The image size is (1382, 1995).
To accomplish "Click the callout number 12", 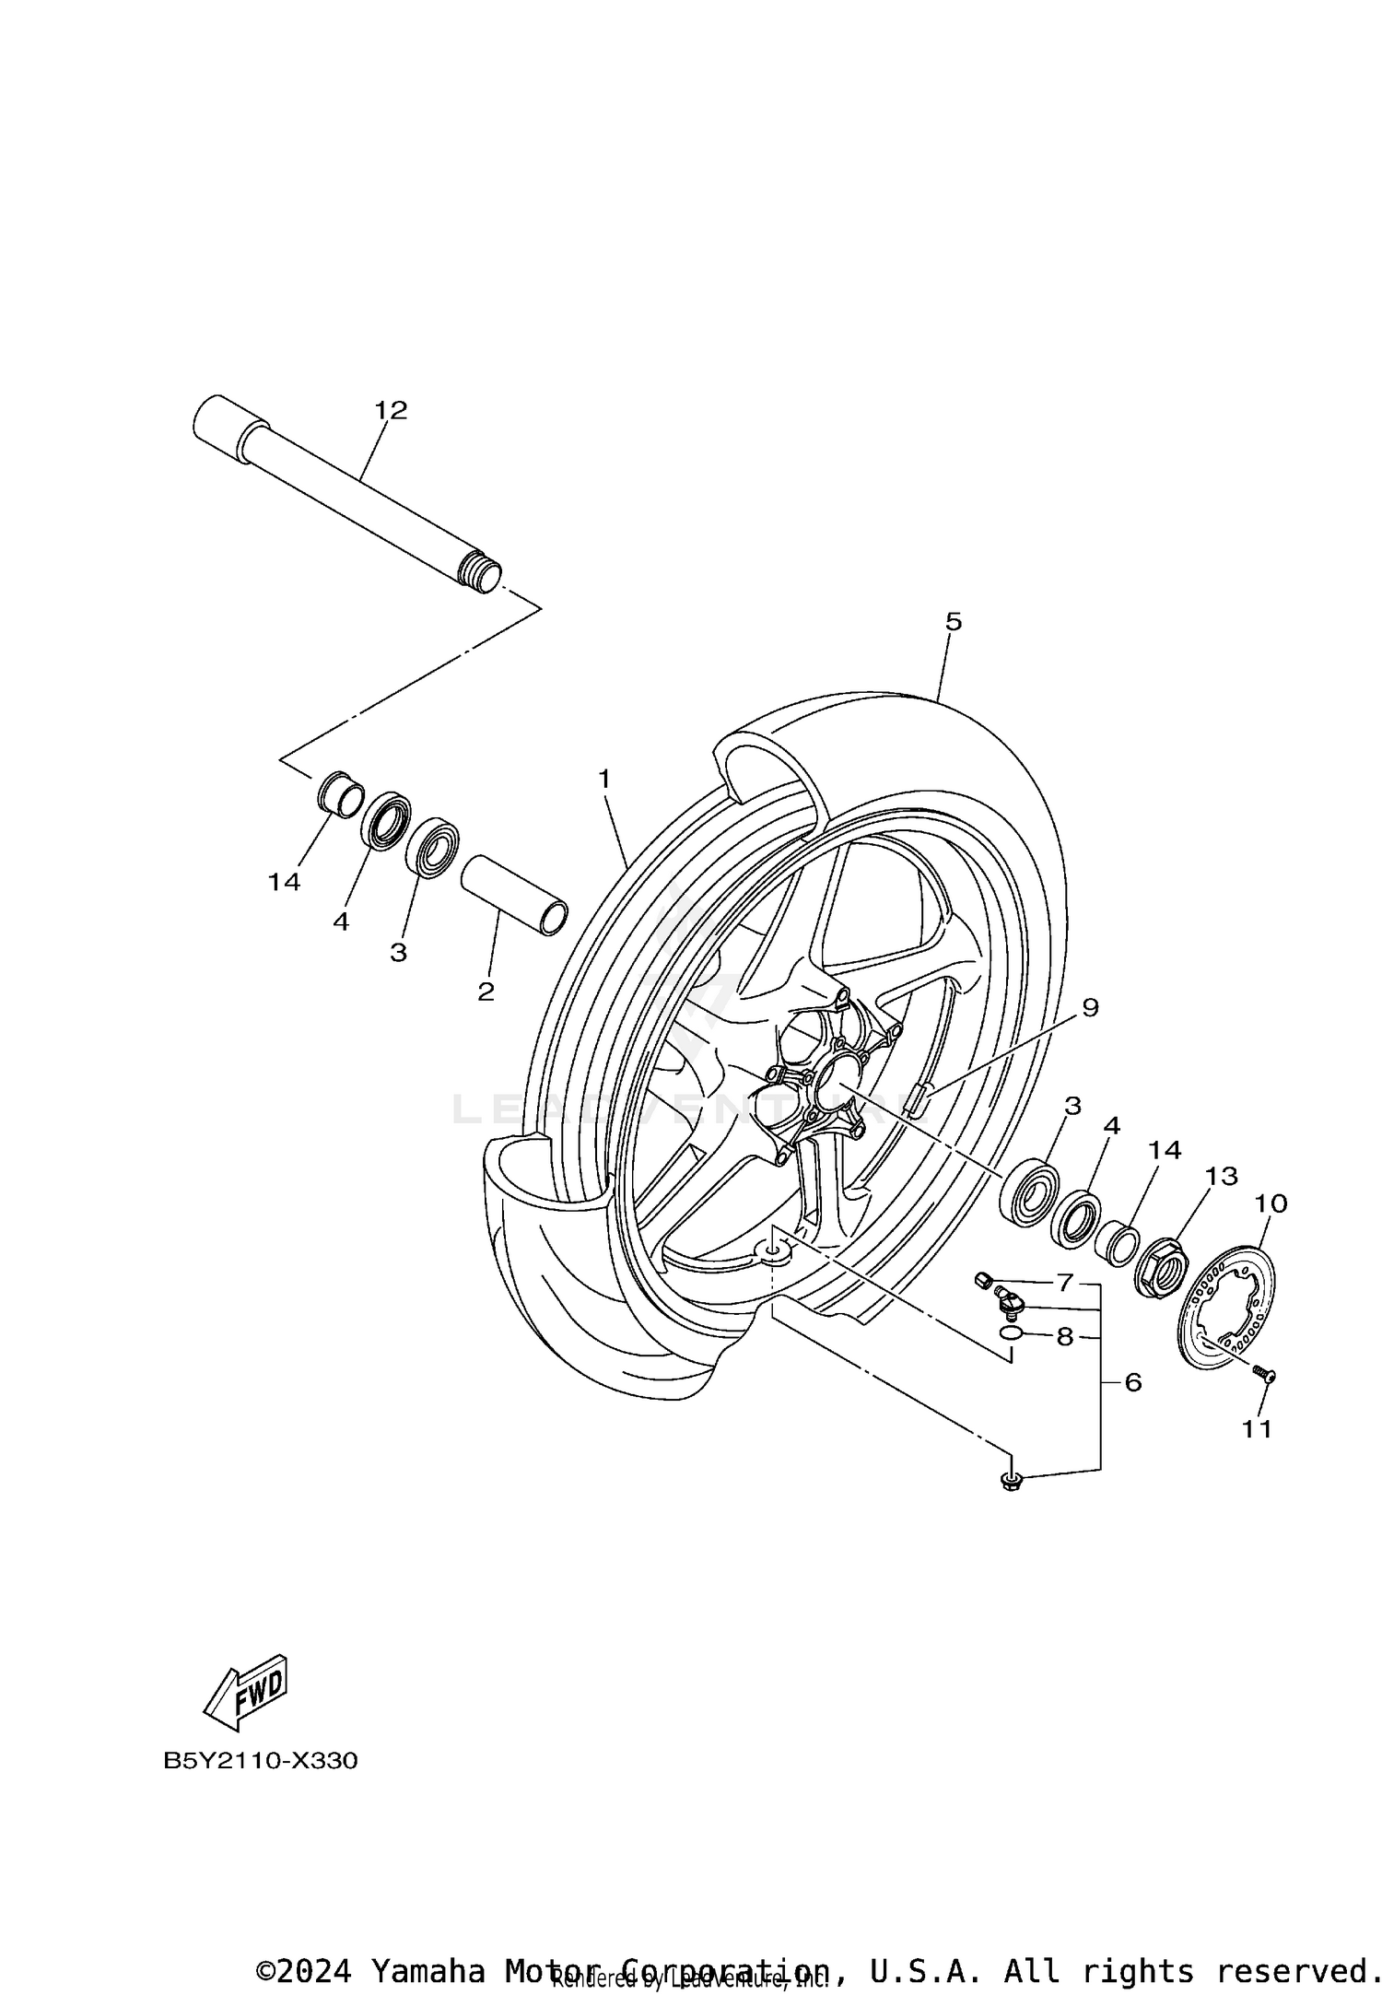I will [x=391, y=411].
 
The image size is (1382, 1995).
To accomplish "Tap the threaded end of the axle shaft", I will [x=479, y=572].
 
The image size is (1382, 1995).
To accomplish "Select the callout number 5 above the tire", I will [x=953, y=621].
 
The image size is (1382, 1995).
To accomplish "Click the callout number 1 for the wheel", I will [x=604, y=780].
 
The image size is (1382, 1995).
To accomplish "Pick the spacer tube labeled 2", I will [x=514, y=896].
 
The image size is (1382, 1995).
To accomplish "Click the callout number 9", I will [x=1090, y=1007].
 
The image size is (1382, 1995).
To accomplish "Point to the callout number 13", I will [x=1222, y=1176].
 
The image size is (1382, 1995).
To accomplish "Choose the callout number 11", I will [x=1257, y=1429].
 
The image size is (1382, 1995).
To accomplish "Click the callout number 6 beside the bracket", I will [x=1132, y=1381].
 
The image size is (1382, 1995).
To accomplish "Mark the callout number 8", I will [x=1065, y=1337].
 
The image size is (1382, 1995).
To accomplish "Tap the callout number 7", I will [x=1065, y=1282].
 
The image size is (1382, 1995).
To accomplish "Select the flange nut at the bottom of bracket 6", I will [x=1012, y=1482].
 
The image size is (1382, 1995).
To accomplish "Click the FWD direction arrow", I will [x=245, y=1694].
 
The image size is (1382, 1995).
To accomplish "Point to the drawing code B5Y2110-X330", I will [x=261, y=1761].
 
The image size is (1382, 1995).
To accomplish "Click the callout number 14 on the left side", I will [x=284, y=882].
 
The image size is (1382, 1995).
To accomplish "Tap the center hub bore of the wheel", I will [x=832, y=1076].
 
